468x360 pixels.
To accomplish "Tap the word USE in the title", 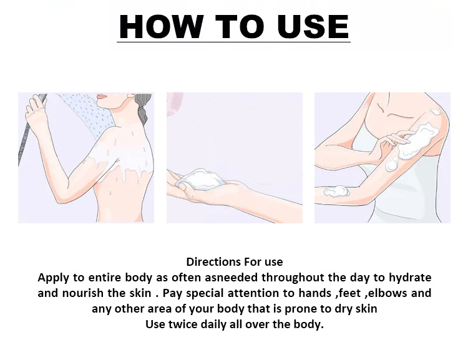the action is [x=313, y=26].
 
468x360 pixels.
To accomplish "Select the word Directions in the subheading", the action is [x=213, y=262].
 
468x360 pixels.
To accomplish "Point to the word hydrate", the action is [x=410, y=278].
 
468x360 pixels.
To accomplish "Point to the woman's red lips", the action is [x=102, y=96].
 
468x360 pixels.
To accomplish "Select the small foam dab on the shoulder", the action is [x=435, y=112].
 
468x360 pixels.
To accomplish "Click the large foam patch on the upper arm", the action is [x=416, y=140].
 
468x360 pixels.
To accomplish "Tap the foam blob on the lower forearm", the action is [x=336, y=192].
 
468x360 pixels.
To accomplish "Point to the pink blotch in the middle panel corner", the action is [x=175, y=104].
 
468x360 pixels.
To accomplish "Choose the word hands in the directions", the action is [x=315, y=293].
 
